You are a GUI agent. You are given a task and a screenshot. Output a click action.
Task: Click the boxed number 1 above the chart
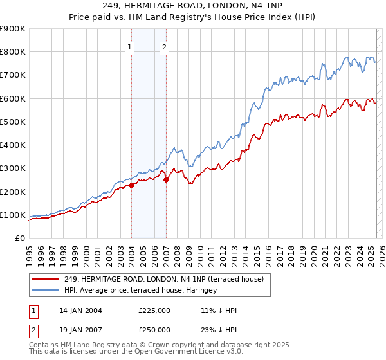point(130,47)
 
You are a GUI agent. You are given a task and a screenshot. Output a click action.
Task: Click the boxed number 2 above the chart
point(164,47)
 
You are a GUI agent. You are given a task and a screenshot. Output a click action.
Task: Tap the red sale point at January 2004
point(131,186)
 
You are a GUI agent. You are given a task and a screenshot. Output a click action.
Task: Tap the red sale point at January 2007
point(166,180)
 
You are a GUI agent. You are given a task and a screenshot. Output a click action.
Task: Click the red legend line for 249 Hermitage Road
point(46,279)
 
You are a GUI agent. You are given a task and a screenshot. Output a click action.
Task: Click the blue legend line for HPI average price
point(46,290)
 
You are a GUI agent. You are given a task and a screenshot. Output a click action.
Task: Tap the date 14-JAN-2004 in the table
point(80,310)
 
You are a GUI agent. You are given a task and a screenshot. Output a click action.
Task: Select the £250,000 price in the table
point(154,330)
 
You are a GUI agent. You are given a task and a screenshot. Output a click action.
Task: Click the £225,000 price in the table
point(154,310)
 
